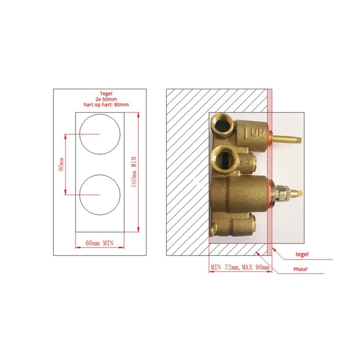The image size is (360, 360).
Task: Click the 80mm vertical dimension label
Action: point(61,164)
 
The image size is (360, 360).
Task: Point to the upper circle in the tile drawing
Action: point(100,134)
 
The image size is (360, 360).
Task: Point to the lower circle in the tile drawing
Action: point(100,194)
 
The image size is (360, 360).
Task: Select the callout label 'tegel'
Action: point(302,254)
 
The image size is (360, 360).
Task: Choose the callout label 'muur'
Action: point(301,269)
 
